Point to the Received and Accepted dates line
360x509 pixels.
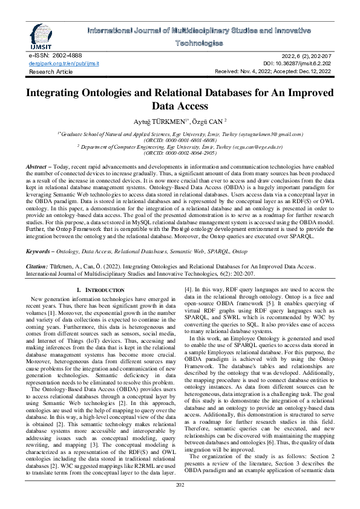273,71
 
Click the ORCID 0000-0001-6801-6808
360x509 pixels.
180,138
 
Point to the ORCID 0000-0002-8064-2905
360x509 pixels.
180,155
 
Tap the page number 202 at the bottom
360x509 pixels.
180,485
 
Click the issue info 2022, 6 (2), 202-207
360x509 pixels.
302,55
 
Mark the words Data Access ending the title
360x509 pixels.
180,106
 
